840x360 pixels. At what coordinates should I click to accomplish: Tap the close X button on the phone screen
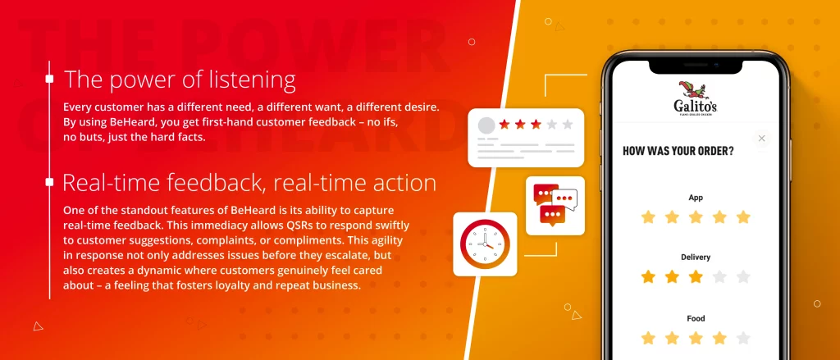coord(762,139)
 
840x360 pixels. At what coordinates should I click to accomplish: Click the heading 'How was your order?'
coord(678,151)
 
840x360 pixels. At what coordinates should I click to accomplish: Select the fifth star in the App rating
coord(743,217)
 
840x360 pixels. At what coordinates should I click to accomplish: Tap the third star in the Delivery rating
coord(696,277)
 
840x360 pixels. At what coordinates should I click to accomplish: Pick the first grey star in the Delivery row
coord(719,277)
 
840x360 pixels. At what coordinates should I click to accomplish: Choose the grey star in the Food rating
coord(743,338)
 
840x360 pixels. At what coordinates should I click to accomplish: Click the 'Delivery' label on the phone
coord(696,257)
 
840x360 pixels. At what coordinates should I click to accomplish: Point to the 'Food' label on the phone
coord(696,319)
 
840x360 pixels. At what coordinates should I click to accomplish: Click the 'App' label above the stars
coord(696,198)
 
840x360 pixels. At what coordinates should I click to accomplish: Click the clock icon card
coord(485,244)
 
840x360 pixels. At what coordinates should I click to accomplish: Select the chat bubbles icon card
coord(555,206)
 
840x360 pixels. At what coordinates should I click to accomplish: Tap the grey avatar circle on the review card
coord(486,125)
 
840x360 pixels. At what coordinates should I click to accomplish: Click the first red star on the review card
coord(504,125)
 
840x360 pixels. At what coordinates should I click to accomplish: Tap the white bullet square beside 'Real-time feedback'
coord(49,182)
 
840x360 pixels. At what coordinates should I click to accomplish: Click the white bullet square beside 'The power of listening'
coord(49,80)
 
